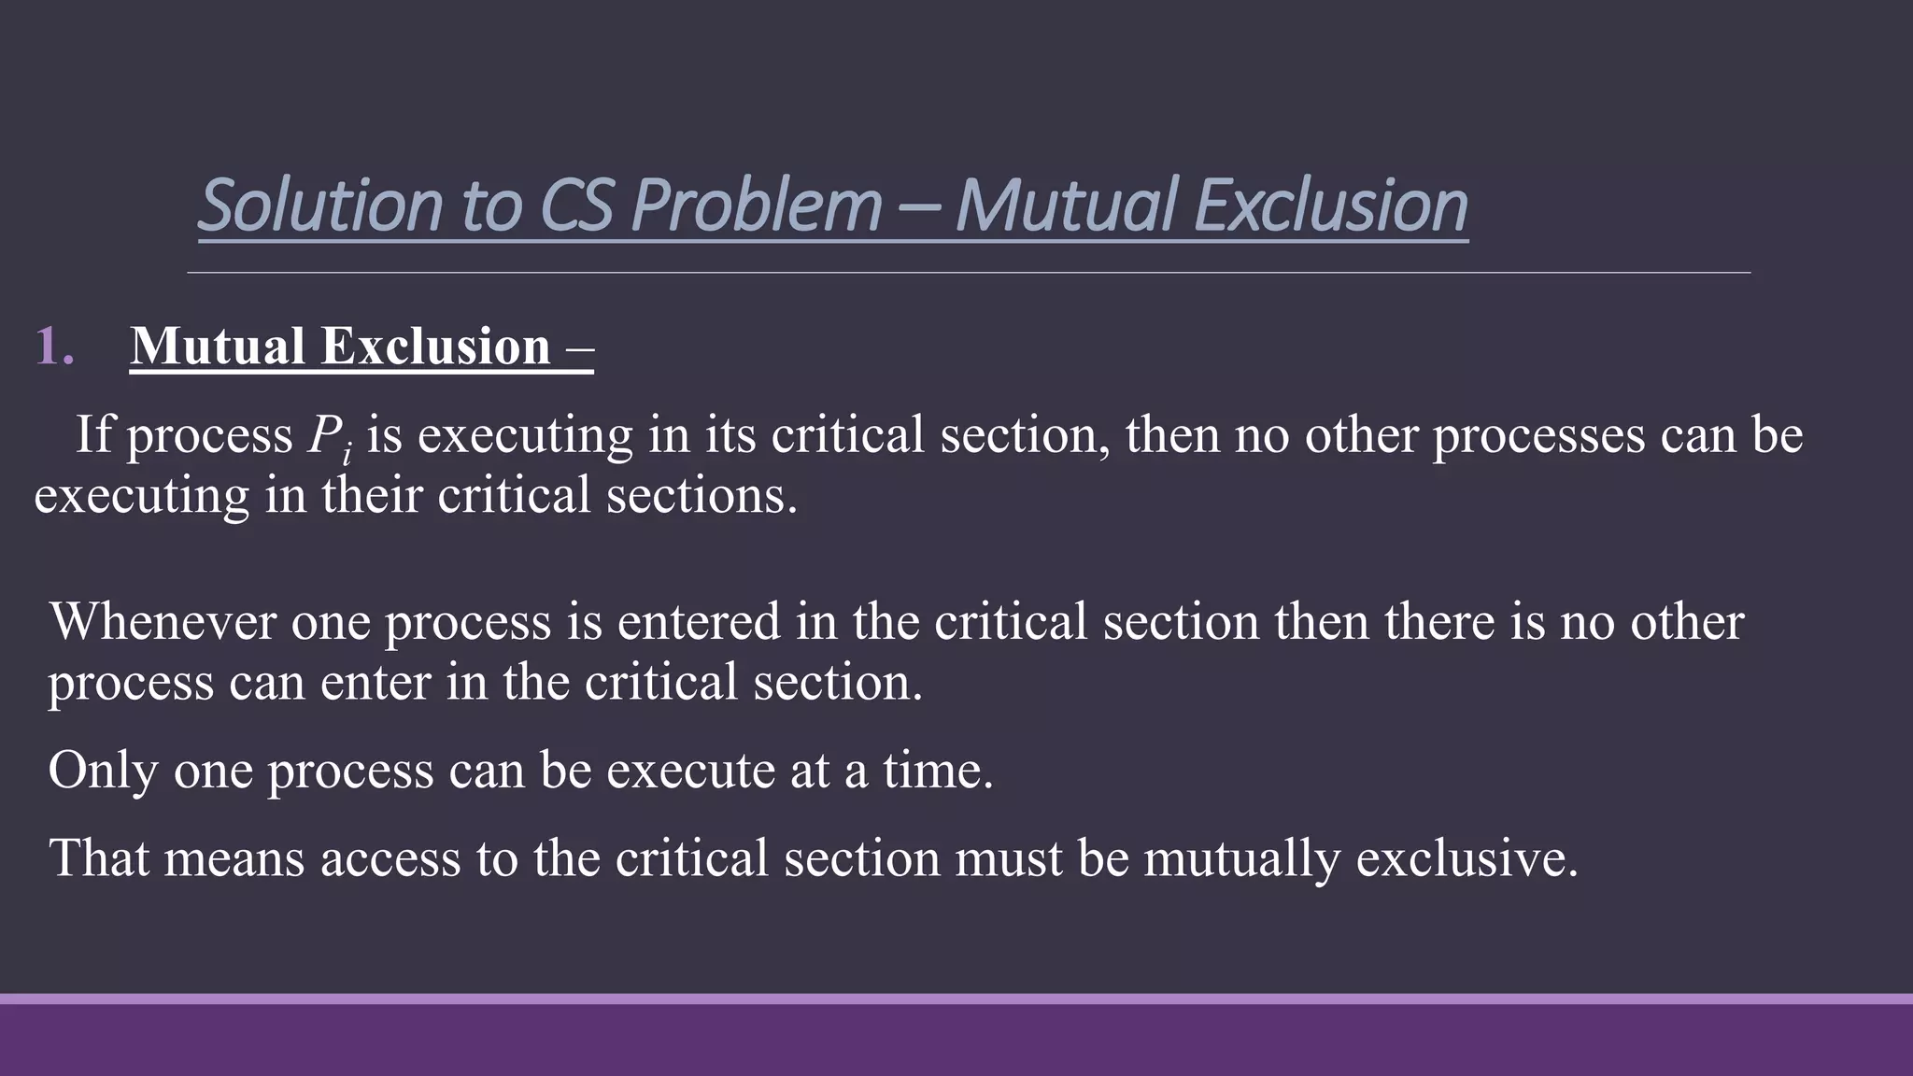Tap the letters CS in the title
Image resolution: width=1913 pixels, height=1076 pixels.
(x=576, y=205)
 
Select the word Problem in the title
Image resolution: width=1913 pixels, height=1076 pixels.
(x=757, y=205)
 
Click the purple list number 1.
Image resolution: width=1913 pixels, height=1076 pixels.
(x=53, y=347)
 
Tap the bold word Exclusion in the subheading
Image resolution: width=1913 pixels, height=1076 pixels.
(x=435, y=347)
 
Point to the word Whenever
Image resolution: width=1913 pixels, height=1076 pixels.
(x=163, y=622)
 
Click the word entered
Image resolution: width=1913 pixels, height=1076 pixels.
(x=698, y=622)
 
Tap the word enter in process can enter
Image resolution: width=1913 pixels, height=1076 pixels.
(x=375, y=682)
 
